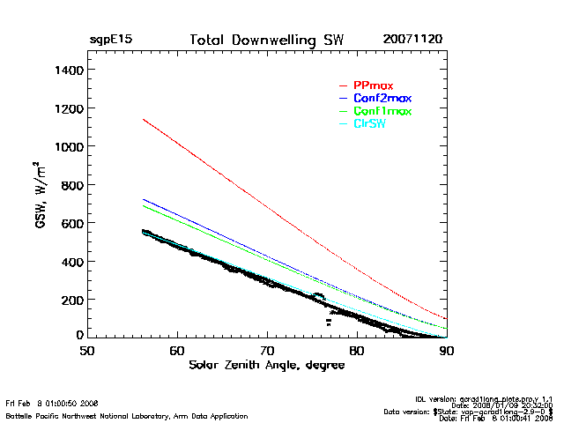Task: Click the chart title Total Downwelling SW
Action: click(x=266, y=41)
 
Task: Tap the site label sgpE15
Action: click(x=110, y=41)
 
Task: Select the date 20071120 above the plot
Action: click(x=412, y=41)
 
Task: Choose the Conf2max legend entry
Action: click(x=382, y=98)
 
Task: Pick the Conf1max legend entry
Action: click(x=382, y=111)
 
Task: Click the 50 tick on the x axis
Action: click(x=86, y=350)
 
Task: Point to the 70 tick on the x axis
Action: click(x=266, y=350)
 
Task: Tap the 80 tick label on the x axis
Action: click(x=356, y=350)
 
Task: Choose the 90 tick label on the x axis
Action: click(x=446, y=350)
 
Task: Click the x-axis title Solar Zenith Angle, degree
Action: click(x=266, y=366)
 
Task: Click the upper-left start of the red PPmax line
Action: click(x=144, y=119)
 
